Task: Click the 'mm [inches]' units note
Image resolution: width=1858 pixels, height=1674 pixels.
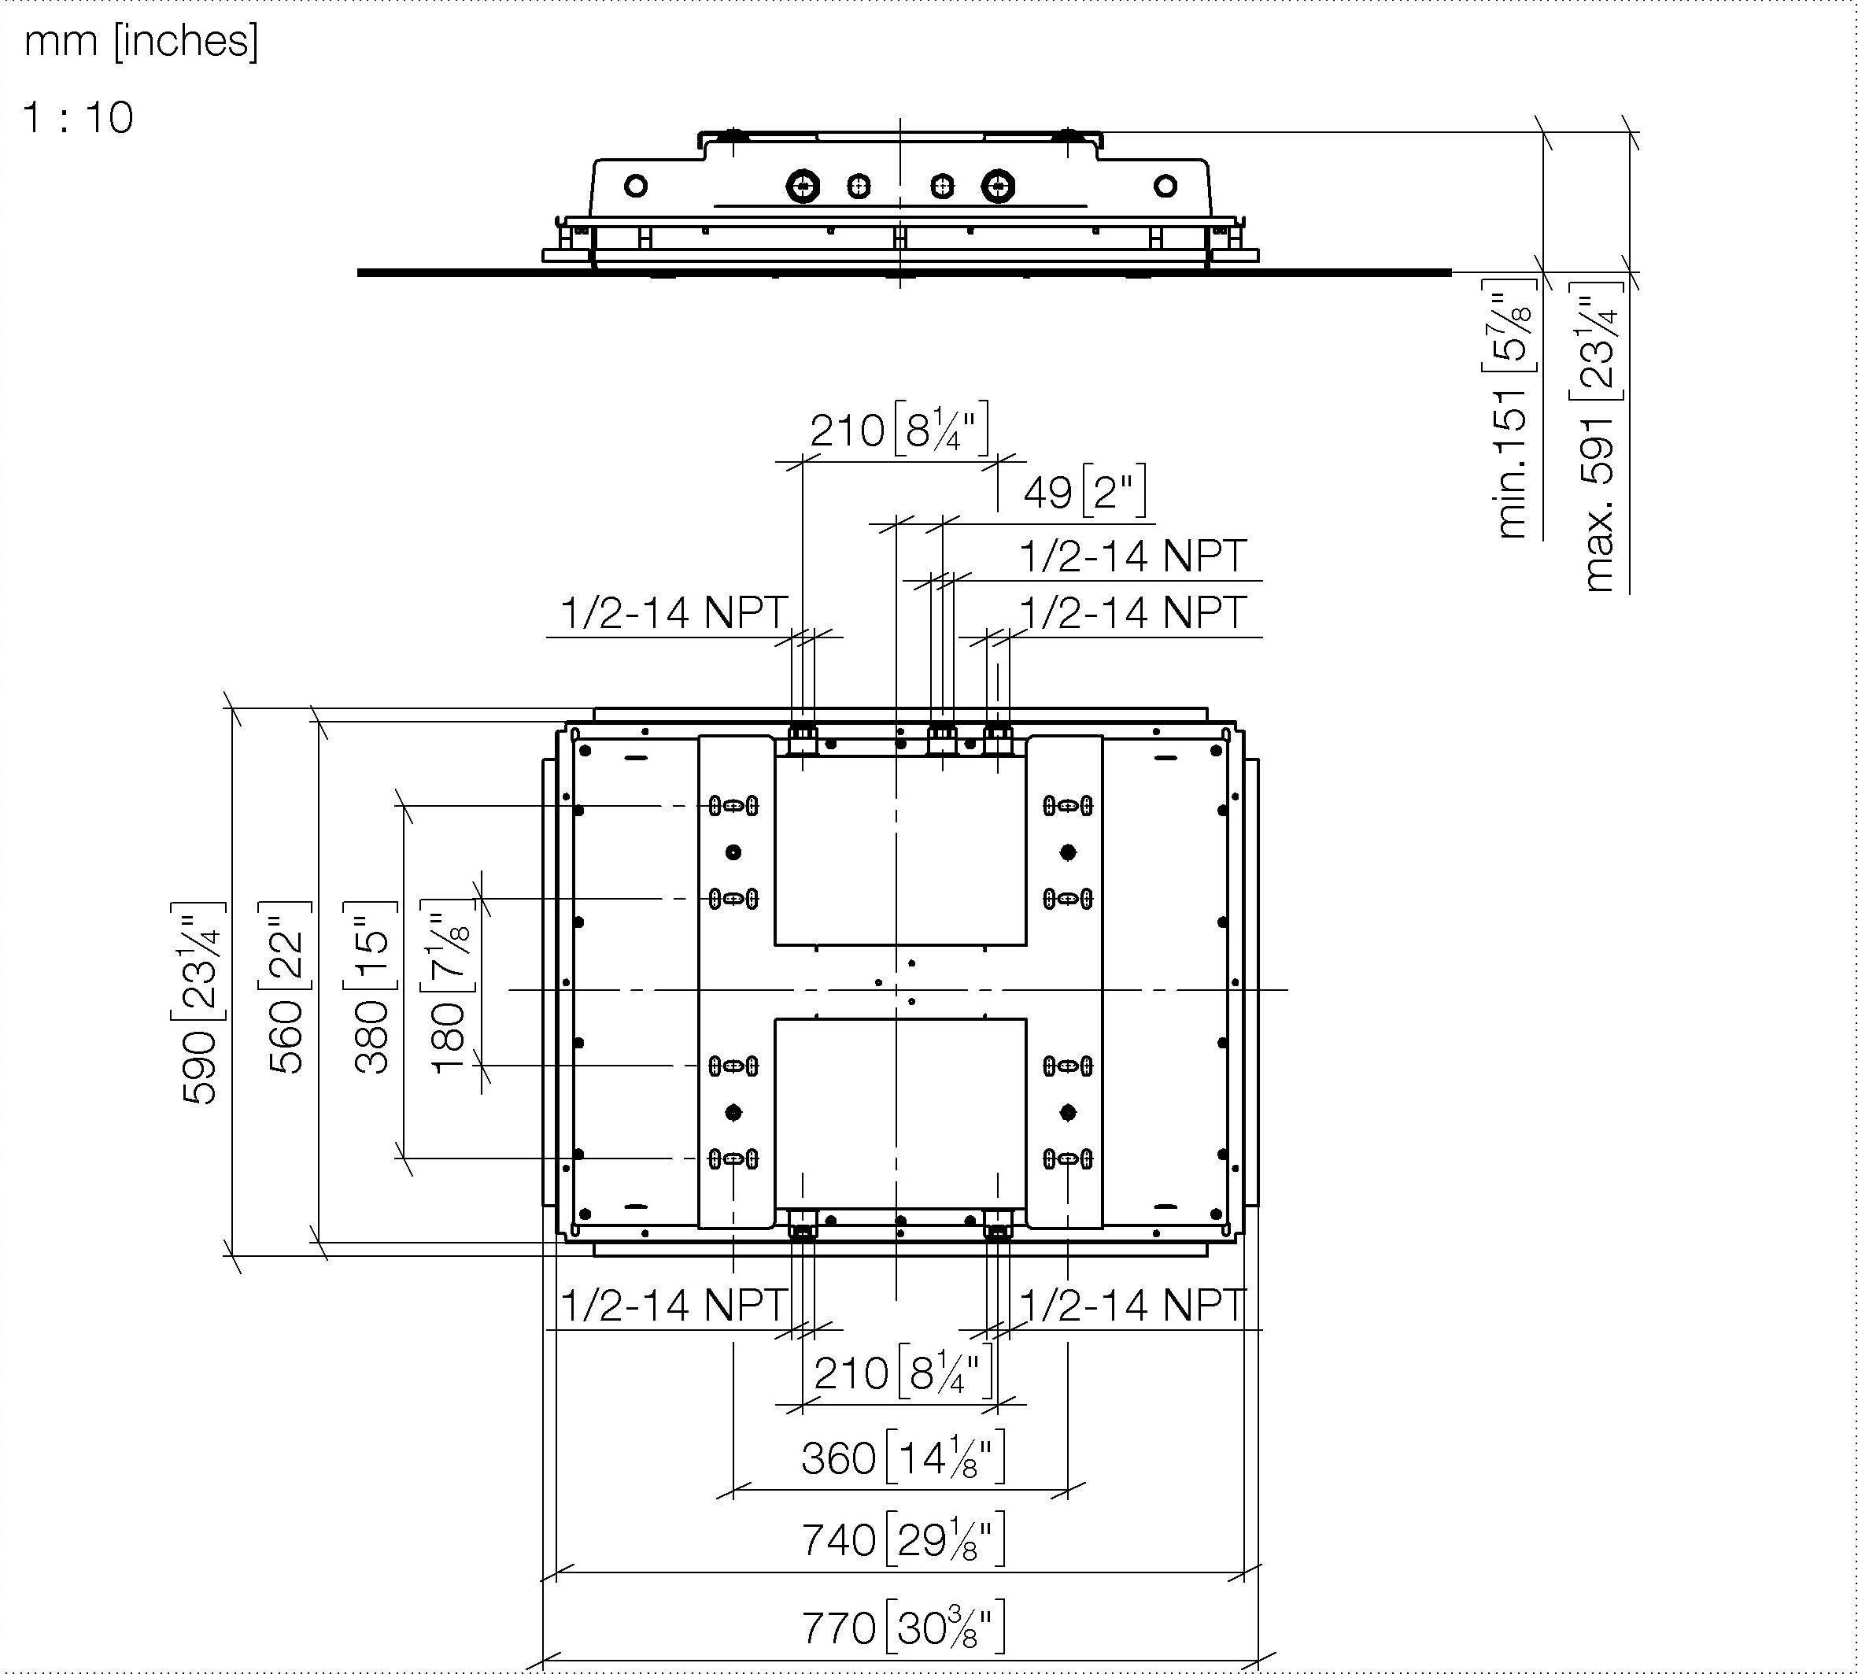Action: click(142, 42)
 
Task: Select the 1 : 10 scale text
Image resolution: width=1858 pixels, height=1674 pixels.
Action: click(78, 118)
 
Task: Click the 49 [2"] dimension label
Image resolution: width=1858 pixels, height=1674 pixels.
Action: click(1084, 492)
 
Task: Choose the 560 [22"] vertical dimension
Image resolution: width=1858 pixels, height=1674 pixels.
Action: click(285, 987)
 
